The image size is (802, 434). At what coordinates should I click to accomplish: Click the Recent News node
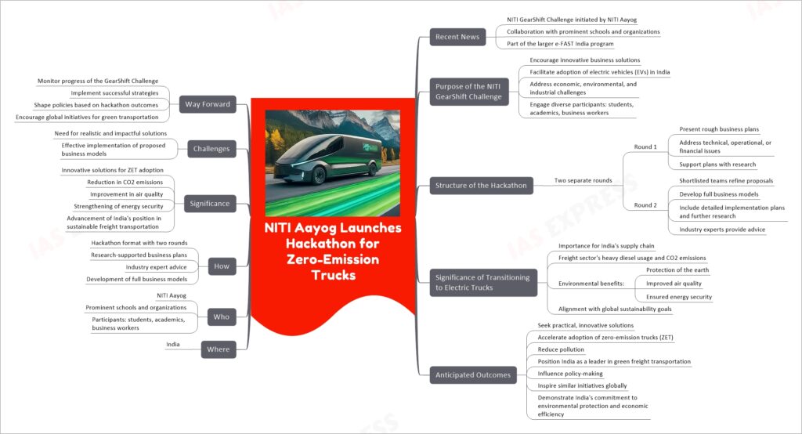(x=457, y=37)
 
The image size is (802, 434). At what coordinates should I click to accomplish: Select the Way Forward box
(x=208, y=104)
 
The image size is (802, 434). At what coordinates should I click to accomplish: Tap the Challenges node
(x=211, y=149)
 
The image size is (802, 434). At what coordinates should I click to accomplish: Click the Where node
(x=219, y=349)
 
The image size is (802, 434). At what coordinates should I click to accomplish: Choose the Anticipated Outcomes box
(x=473, y=375)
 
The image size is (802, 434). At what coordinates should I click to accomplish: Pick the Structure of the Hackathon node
(x=481, y=185)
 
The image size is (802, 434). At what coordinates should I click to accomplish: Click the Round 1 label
(x=645, y=146)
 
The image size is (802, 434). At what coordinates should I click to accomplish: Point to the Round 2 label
(x=645, y=205)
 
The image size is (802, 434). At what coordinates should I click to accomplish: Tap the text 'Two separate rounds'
(x=583, y=181)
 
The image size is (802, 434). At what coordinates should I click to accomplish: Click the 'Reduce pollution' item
(x=561, y=349)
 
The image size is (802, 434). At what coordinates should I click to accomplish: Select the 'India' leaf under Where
(x=173, y=345)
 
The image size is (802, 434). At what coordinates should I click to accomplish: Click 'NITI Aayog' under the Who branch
(x=172, y=295)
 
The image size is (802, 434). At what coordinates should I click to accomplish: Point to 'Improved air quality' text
(x=674, y=284)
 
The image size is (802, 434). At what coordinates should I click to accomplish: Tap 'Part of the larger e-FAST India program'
(x=560, y=44)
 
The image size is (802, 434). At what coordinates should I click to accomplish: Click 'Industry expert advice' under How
(x=156, y=267)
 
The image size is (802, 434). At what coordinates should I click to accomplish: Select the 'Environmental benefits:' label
(x=591, y=284)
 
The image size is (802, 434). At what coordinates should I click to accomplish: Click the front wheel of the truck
(x=319, y=175)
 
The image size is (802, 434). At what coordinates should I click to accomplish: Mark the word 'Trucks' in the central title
(x=334, y=275)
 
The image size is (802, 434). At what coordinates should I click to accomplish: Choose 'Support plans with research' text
(x=717, y=165)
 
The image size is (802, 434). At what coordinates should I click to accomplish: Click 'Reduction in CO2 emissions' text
(x=125, y=183)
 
